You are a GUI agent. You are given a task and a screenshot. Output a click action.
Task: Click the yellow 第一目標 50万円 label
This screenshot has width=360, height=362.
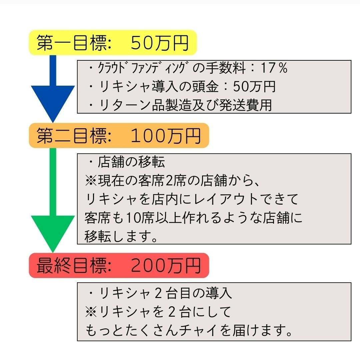click(113, 43)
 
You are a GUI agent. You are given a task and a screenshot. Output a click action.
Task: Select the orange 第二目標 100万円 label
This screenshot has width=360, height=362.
click(119, 136)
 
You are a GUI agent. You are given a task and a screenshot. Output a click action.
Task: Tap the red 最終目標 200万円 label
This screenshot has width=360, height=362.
click(119, 265)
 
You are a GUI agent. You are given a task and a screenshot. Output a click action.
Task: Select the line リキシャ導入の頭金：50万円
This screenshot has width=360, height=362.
click(182, 87)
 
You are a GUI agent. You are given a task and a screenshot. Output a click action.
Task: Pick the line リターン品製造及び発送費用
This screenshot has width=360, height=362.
click(180, 105)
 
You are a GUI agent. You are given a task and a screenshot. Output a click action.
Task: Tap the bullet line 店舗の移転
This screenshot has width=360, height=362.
click(127, 162)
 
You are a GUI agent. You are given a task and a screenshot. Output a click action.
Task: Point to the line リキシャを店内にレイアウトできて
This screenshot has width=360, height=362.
click(192, 199)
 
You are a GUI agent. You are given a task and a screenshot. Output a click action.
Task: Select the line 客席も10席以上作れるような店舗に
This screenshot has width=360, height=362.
click(193, 218)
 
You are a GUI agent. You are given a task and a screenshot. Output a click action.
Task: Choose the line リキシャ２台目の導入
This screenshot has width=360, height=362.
click(160, 293)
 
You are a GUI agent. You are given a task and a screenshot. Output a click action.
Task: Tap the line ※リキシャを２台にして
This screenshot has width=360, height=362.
click(158, 312)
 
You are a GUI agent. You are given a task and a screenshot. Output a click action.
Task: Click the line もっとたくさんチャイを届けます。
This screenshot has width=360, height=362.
click(189, 331)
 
